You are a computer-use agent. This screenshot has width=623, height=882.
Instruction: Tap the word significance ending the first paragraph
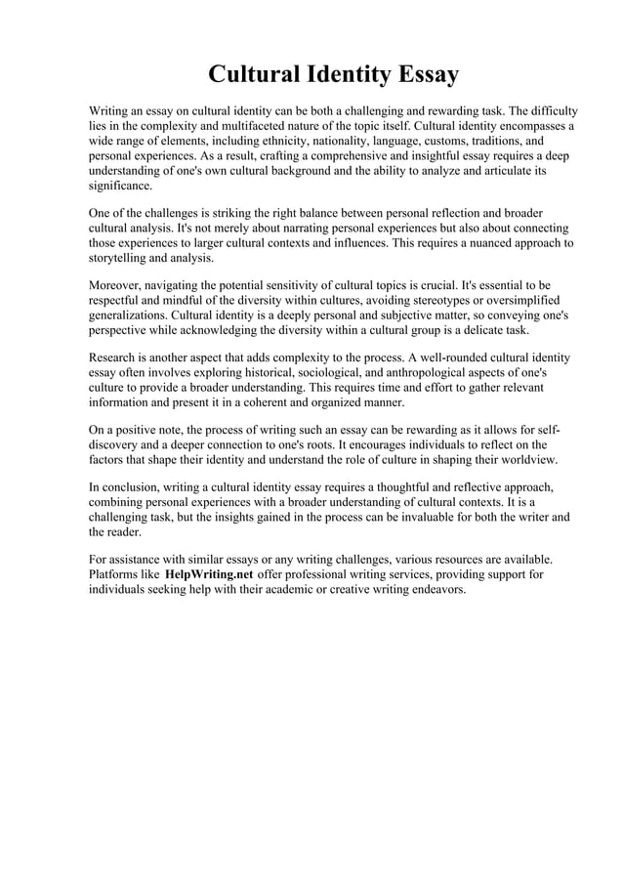pos(120,186)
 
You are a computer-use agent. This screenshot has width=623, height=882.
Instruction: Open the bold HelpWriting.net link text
pos(210,575)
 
